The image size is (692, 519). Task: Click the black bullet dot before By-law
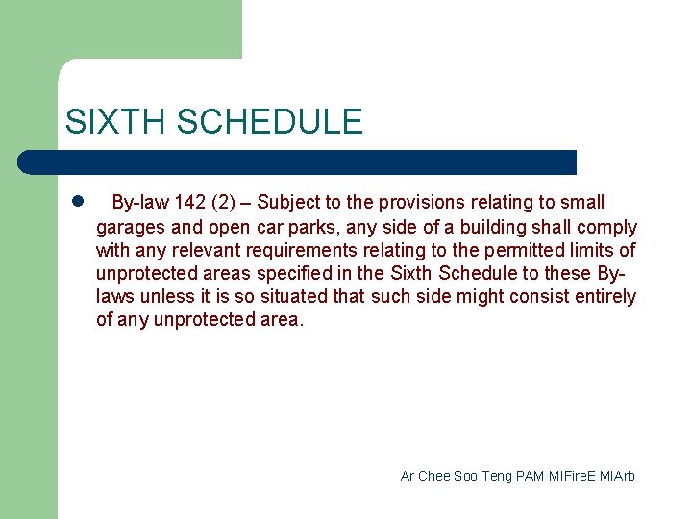click(78, 202)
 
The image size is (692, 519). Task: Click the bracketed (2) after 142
click(222, 203)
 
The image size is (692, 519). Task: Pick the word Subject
click(288, 203)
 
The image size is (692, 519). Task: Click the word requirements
click(299, 250)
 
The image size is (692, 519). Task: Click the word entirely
click(604, 296)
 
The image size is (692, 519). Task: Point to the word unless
click(161, 296)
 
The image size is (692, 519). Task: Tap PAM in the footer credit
click(530, 476)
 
